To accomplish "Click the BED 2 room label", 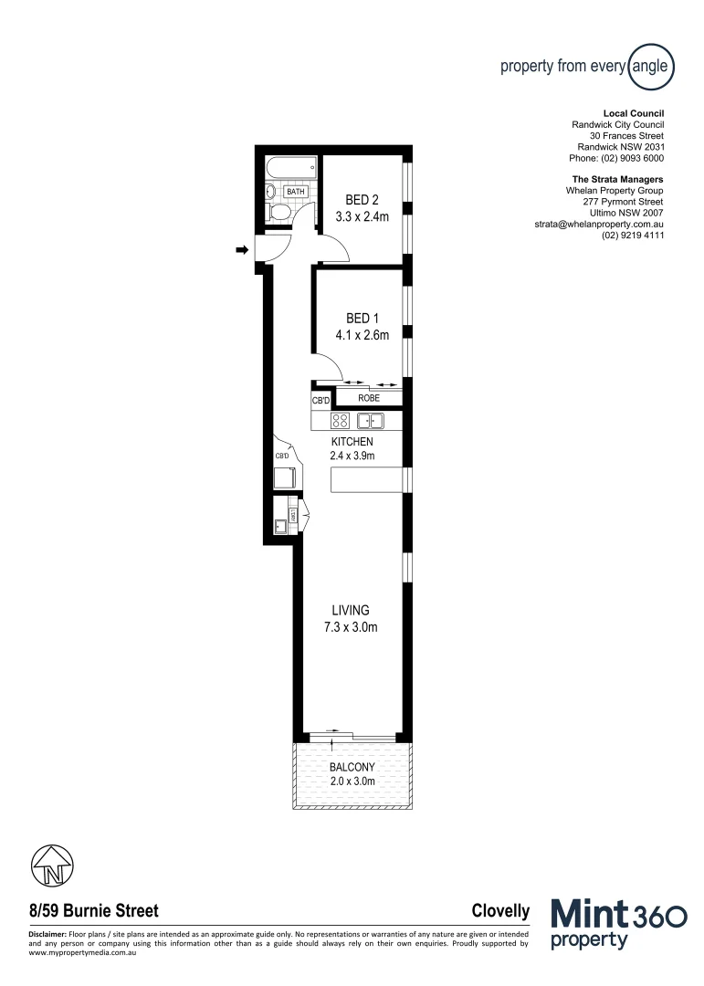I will pos(362,200).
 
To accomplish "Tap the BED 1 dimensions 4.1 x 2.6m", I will pos(362,335).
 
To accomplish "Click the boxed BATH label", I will pos(295,192).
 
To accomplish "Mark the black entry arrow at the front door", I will pos(242,249).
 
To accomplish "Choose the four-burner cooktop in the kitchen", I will pos(340,421).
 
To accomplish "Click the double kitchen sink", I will pos(371,421).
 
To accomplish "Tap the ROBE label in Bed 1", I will pos(368,399).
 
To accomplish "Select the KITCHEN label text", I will pos(352,442).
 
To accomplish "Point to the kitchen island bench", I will pos(366,479).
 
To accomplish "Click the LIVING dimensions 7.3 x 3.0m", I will pos(351,627).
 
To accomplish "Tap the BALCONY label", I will pos(352,768).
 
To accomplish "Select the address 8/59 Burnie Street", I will pos(94,911).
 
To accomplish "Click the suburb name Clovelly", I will pos(500,911).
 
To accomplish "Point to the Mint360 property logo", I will pos(619,924).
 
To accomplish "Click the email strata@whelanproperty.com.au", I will pos(598,224).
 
